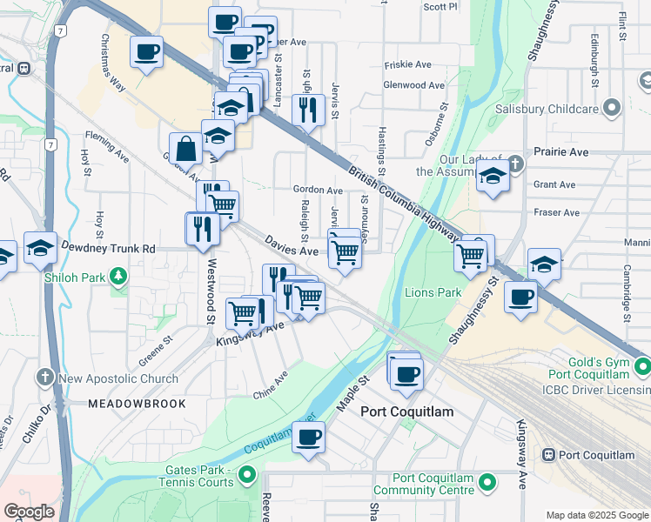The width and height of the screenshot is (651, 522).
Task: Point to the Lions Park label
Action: [433, 292]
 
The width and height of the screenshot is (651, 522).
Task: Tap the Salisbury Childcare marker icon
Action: [611, 109]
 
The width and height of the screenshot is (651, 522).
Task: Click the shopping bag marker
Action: [186, 149]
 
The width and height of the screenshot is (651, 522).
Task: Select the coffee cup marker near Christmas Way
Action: [147, 51]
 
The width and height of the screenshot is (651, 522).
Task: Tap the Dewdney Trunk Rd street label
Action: [108, 248]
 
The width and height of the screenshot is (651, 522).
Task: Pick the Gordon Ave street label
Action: [318, 190]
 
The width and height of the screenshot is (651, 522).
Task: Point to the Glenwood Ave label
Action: [414, 85]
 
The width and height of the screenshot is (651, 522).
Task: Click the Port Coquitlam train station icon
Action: [548, 455]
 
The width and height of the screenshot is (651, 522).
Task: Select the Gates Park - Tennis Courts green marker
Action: [248, 475]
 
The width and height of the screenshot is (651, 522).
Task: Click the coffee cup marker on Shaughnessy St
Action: [520, 298]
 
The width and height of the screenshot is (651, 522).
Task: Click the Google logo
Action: [29, 512]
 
